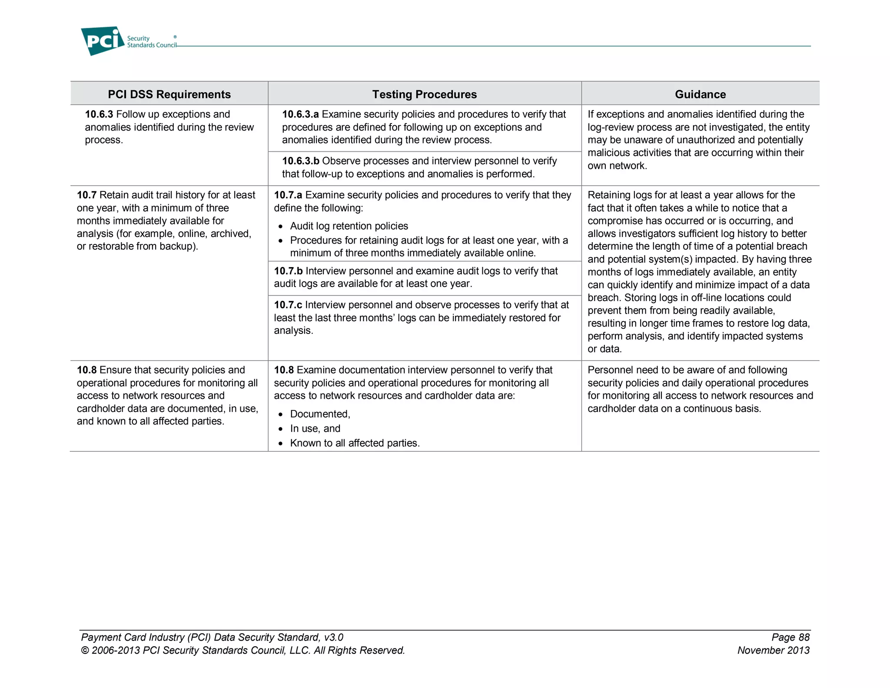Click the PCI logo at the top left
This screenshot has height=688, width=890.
[x=103, y=41]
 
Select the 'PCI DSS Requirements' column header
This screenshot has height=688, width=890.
[x=169, y=94]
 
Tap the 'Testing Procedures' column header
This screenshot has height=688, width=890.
[x=424, y=94]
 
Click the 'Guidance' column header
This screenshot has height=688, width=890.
[x=700, y=94]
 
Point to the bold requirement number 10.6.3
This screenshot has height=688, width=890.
[x=99, y=114]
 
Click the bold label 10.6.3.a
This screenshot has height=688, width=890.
[x=300, y=114]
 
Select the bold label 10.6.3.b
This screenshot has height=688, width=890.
[x=300, y=161]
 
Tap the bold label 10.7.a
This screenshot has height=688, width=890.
[x=288, y=195]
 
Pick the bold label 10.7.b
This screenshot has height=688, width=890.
[x=288, y=271]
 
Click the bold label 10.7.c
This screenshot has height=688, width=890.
[x=288, y=305]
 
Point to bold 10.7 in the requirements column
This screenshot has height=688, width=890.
[x=86, y=195]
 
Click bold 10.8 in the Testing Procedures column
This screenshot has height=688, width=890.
[x=284, y=370]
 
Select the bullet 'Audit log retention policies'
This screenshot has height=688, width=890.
[x=349, y=226]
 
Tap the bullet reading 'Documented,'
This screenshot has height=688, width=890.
[x=320, y=414]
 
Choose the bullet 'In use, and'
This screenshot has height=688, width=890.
[x=315, y=429]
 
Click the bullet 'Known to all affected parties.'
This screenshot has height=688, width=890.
[x=355, y=443]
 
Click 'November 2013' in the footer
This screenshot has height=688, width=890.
[x=773, y=650]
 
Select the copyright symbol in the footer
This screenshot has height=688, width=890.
[x=85, y=651]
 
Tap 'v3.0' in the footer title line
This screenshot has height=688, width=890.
[x=333, y=637]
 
